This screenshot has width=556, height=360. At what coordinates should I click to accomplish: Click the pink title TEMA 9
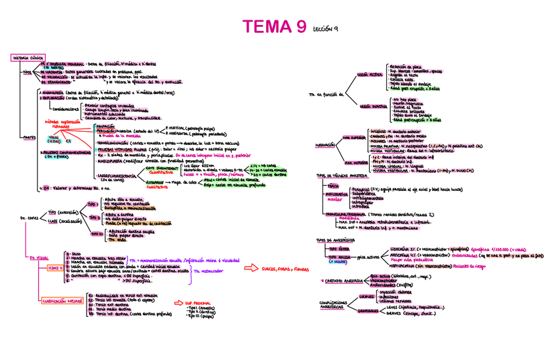[x=274, y=27]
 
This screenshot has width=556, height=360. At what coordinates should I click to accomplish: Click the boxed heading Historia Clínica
[x=28, y=58]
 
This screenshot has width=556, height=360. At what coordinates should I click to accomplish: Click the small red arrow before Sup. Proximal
[x=169, y=302]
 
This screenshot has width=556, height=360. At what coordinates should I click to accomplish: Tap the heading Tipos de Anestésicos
[x=334, y=239]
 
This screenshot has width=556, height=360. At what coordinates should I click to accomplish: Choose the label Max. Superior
[x=354, y=138]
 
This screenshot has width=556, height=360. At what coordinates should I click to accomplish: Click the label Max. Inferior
[x=356, y=162]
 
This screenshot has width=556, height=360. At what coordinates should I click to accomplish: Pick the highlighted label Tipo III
[x=97, y=233]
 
